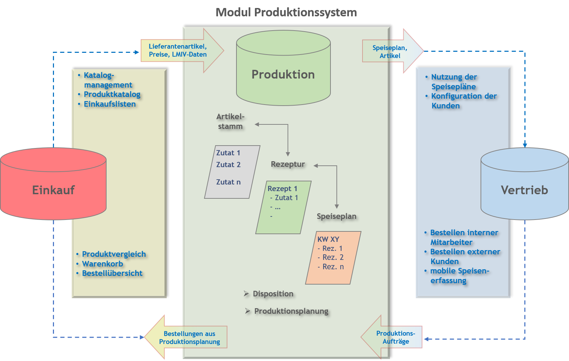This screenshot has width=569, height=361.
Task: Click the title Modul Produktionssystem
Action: (286, 13)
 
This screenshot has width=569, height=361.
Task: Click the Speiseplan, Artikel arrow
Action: (390, 51)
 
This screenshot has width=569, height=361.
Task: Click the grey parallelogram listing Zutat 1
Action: (231, 172)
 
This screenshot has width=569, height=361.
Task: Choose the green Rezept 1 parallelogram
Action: (283, 207)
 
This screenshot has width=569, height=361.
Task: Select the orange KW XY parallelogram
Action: (333, 257)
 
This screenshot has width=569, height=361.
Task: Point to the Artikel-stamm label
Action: (230, 121)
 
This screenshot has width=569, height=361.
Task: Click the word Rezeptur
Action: (288, 164)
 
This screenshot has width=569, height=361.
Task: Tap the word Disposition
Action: (273, 294)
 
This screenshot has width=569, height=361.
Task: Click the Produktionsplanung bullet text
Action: (291, 311)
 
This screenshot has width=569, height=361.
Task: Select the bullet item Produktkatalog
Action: (112, 95)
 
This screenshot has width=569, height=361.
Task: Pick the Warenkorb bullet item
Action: (102, 264)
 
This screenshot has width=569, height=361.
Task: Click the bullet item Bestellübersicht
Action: (112, 273)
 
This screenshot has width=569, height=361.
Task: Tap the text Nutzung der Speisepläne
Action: (454, 82)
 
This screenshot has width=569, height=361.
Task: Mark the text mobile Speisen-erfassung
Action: (459, 276)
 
